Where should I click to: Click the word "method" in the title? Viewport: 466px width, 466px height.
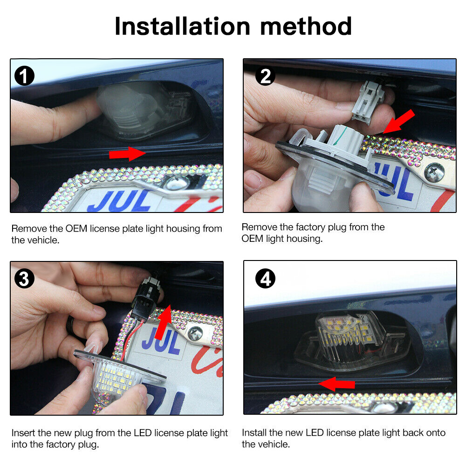pos(306,27)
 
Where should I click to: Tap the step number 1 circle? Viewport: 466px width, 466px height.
pos(24,75)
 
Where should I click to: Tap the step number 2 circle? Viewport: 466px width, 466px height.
pos(265,76)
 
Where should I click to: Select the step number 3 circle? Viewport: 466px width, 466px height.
pos(24,279)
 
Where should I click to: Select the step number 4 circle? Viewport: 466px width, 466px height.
pos(266,279)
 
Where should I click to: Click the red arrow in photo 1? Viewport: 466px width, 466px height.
pos(128,154)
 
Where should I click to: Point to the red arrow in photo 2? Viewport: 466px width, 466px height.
pos(399,122)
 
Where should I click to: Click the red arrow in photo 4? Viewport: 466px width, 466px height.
pos(336,384)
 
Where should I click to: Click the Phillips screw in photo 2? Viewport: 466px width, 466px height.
pos(434,173)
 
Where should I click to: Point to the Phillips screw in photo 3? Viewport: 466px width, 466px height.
pos(195,333)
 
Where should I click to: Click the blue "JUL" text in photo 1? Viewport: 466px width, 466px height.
pos(119,201)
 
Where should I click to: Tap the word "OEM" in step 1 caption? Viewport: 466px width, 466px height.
pos(76,228)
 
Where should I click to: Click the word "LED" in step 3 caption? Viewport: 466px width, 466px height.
pos(143,433)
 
